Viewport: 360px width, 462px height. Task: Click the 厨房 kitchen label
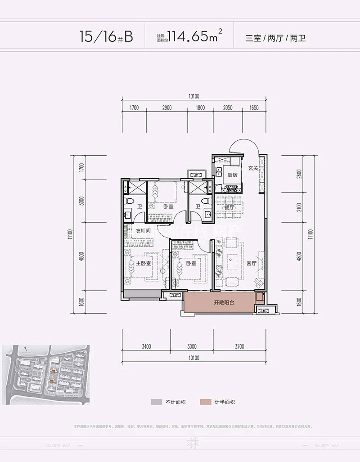click(x=232, y=175)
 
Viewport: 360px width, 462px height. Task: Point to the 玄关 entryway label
click(x=253, y=168)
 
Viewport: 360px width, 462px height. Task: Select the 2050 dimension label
click(x=226, y=108)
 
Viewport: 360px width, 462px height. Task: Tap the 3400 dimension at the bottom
click(x=145, y=346)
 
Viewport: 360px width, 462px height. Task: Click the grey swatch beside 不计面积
click(x=155, y=402)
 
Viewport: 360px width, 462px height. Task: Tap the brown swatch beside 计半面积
click(x=206, y=402)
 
